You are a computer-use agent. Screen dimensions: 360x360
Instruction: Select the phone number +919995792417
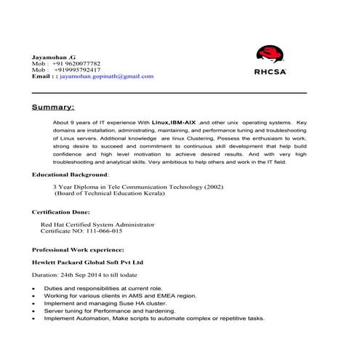pyautogui.click(x=79, y=69)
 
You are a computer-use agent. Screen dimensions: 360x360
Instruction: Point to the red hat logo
pyautogui.click(x=270, y=55)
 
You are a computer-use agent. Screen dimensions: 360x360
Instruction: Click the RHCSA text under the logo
pyautogui.click(x=271, y=71)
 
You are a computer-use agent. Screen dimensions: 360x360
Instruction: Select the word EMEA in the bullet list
pyautogui.click(x=167, y=296)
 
